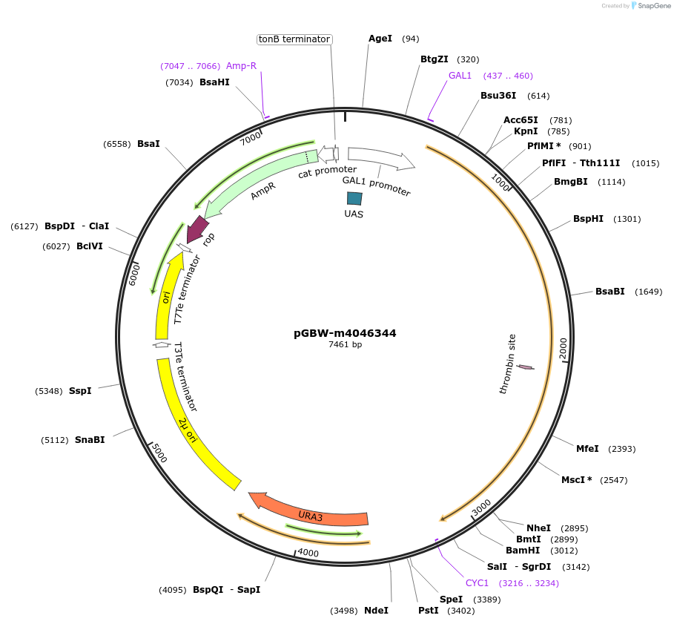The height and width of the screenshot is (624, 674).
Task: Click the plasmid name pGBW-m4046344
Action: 345,333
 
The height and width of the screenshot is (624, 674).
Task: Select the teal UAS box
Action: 355,198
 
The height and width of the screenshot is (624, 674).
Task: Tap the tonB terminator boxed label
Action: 294,39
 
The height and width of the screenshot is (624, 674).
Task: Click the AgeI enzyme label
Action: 380,38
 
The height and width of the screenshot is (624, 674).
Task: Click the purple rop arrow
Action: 197,229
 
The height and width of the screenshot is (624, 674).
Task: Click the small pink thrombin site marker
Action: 526,367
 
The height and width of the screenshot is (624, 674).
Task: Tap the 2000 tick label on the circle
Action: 564,349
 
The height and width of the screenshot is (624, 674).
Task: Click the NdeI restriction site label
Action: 376,611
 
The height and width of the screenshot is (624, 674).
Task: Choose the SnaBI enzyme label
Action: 90,439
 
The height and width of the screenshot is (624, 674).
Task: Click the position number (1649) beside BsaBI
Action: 649,292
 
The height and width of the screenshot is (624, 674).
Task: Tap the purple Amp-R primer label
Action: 241,66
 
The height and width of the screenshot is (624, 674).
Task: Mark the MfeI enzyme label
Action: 587,448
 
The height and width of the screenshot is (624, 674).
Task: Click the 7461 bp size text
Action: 345,344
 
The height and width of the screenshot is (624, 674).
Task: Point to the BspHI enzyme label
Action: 588,219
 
